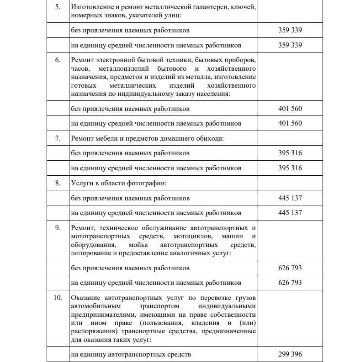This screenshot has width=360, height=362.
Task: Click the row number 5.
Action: (x=58, y=8)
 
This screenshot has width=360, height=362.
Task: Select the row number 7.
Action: (x=58, y=138)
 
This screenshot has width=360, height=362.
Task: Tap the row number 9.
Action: (x=58, y=227)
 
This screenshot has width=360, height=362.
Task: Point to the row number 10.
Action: (x=58, y=298)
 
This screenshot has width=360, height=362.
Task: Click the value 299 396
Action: (x=290, y=354)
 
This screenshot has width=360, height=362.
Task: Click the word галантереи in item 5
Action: (x=208, y=8)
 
